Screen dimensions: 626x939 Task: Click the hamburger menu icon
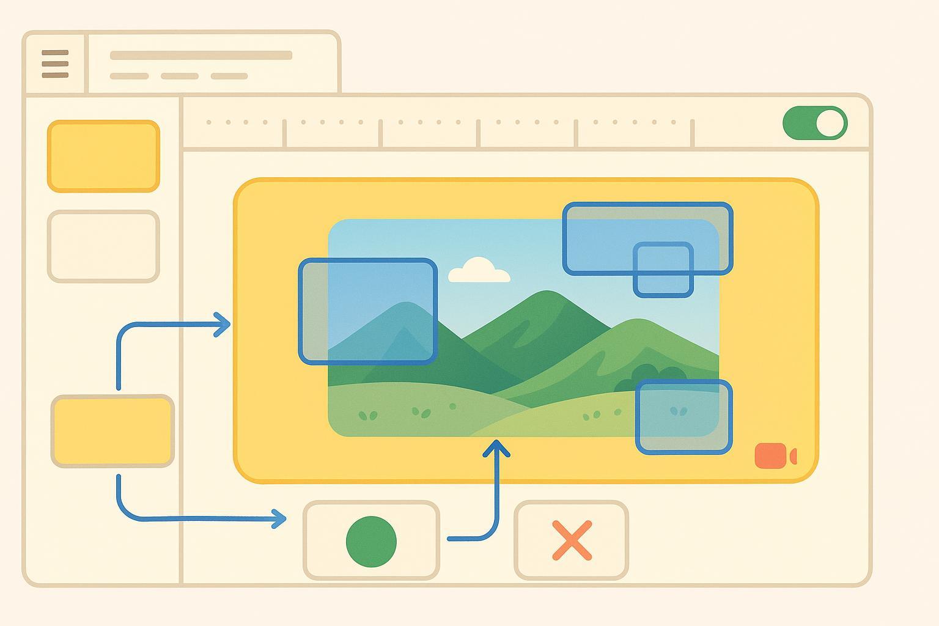[55, 64]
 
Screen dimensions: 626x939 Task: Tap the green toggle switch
[814, 123]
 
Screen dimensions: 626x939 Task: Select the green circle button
[371, 541]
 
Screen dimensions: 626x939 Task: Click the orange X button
[572, 540]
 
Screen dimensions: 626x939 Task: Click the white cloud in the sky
[479, 271]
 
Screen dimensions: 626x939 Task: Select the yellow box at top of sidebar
[103, 156]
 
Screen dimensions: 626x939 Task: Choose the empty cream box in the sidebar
[103, 246]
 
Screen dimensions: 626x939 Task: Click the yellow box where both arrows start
[112, 432]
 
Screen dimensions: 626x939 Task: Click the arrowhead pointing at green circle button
[280, 519]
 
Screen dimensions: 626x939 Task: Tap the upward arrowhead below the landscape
[496, 448]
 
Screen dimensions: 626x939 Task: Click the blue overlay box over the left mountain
[367, 311]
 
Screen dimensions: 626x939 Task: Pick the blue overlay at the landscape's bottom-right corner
[683, 417]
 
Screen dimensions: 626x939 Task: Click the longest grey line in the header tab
[201, 55]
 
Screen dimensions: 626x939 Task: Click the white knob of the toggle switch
[830, 123]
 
